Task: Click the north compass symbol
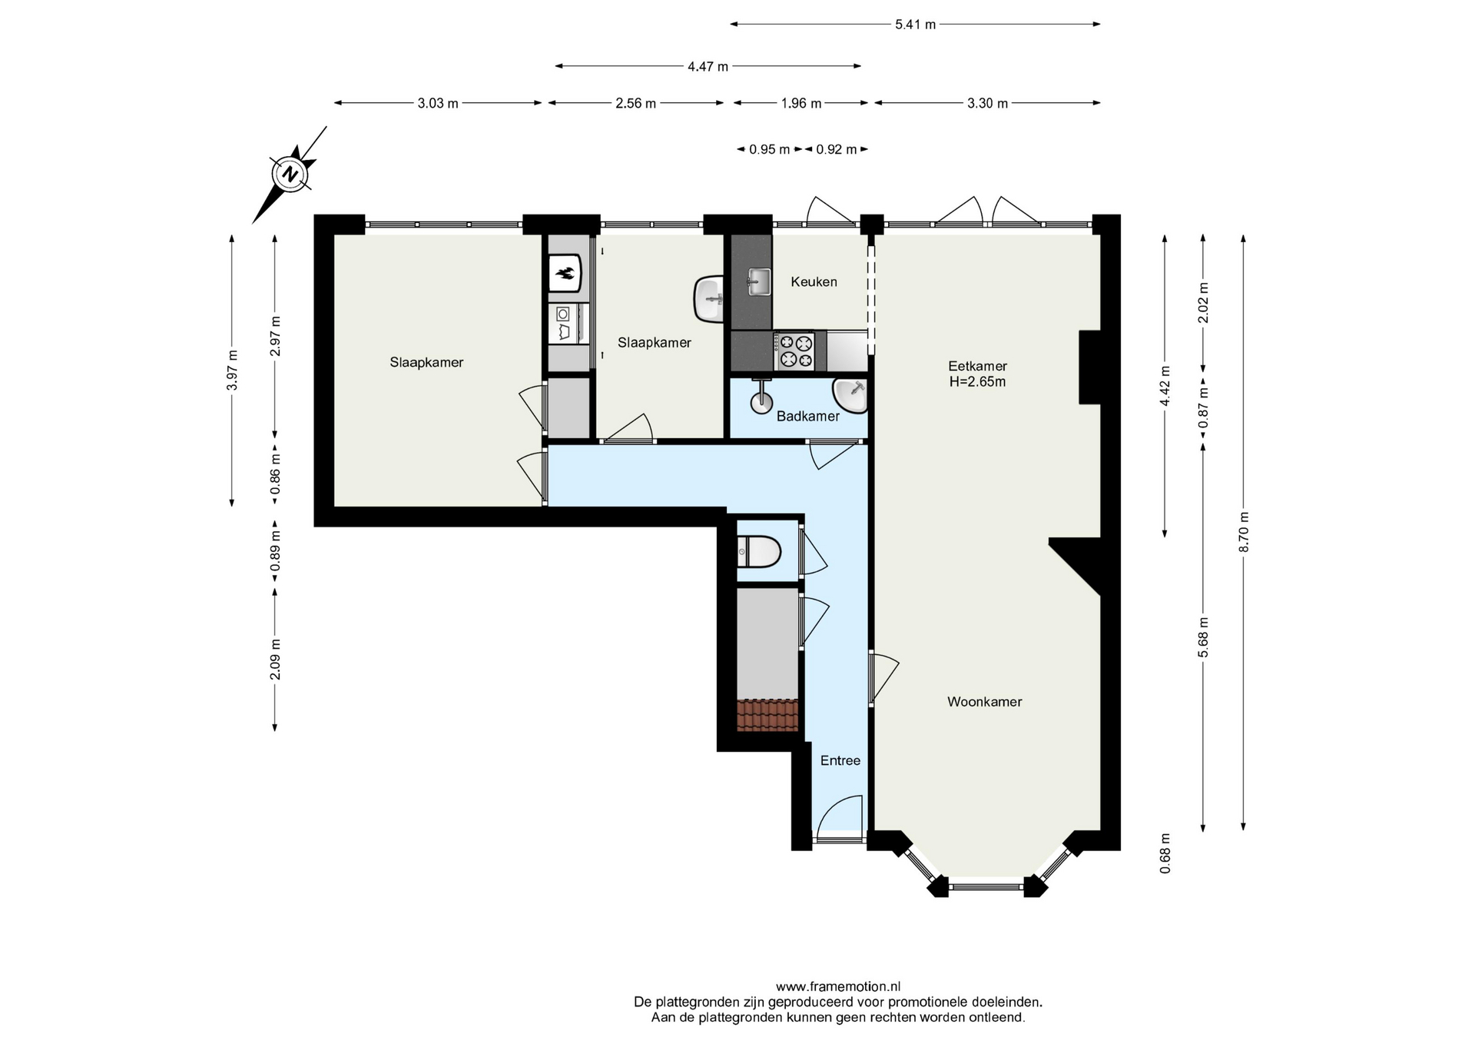tap(290, 174)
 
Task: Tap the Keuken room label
tap(814, 282)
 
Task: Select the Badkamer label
tap(807, 417)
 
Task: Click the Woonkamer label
tap(984, 702)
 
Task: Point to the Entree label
tap(840, 760)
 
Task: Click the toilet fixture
tap(759, 551)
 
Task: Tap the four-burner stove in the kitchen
tap(795, 351)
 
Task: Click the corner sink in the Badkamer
tap(851, 395)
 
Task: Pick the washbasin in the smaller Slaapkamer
tap(709, 299)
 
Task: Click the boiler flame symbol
tap(565, 273)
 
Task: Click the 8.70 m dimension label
tap(1244, 531)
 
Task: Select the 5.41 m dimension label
tap(915, 25)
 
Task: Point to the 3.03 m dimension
tap(438, 103)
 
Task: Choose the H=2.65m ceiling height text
tap(977, 382)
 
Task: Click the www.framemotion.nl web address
tap(838, 986)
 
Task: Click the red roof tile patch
tap(767, 715)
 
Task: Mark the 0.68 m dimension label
tap(1165, 853)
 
